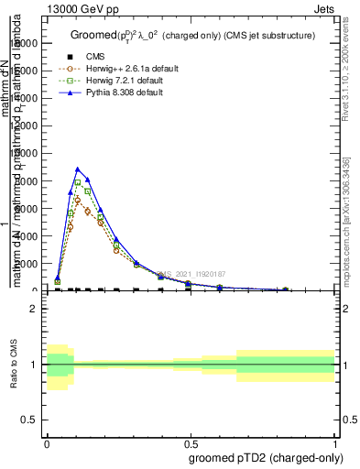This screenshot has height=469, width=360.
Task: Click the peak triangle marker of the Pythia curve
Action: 78,169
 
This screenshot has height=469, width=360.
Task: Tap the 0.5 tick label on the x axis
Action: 191,442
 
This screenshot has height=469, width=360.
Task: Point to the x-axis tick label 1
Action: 335,442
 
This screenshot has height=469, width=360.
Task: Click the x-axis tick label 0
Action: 47,442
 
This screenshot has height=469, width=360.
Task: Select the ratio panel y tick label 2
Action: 34,309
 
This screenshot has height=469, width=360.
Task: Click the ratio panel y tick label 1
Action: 34,365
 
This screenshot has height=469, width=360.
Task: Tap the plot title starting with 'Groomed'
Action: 192,36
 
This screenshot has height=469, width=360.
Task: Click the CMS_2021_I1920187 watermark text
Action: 190,274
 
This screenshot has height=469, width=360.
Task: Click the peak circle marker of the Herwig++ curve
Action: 78,199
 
